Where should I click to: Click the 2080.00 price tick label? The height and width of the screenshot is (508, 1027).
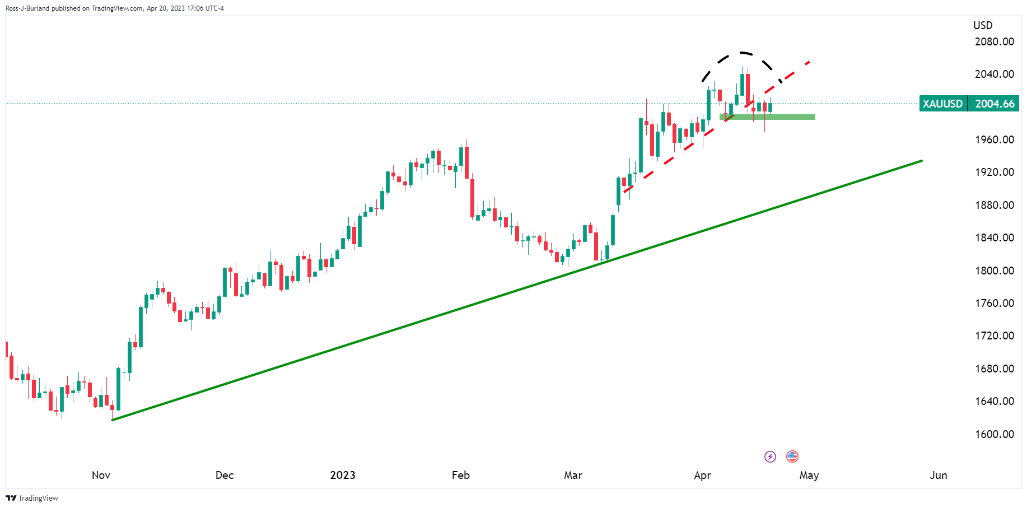[x=994, y=41]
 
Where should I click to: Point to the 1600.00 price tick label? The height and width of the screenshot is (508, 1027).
[x=994, y=434]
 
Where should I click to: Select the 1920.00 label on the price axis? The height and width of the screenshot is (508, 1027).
[x=994, y=172]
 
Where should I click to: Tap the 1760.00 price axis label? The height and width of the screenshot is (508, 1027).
[x=994, y=303]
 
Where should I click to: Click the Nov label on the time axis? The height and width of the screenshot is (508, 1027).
[x=101, y=475]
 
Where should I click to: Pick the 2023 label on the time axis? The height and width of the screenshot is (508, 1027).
[x=343, y=475]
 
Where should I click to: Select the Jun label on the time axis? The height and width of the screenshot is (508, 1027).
[x=939, y=475]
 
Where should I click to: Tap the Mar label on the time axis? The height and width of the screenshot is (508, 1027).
[x=573, y=475]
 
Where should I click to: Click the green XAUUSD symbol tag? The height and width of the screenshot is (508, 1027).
[x=943, y=104]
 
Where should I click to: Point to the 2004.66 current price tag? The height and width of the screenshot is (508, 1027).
[x=995, y=104]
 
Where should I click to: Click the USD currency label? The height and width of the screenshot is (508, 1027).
[x=983, y=25]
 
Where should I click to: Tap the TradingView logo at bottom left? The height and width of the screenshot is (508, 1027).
[x=32, y=498]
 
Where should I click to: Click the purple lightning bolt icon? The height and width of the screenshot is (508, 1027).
[x=771, y=456]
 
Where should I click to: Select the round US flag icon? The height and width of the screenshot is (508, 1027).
[x=792, y=456]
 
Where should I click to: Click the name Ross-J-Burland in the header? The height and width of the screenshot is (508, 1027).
[x=27, y=8]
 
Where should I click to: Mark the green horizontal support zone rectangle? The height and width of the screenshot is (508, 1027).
[x=767, y=117]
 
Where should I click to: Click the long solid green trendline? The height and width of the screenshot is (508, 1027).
[x=517, y=290]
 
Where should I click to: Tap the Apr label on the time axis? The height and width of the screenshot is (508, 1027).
[x=702, y=475]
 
